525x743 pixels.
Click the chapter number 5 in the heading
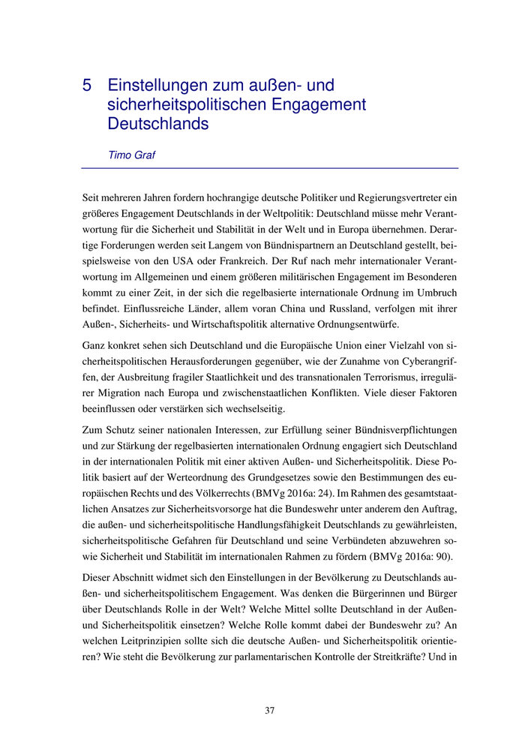(88, 86)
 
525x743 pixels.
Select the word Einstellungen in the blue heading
(154, 86)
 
